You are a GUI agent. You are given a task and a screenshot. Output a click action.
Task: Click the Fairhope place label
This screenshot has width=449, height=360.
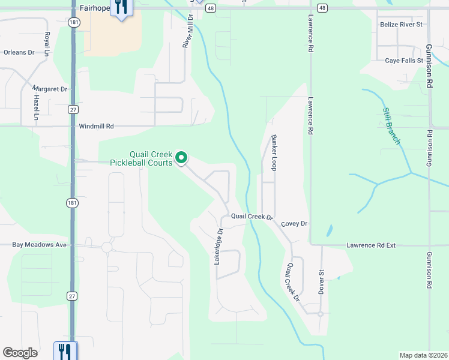(94, 9)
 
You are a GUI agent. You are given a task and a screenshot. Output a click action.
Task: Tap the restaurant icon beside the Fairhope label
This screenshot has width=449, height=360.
(122, 8)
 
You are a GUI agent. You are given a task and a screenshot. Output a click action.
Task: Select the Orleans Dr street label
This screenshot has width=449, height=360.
(19, 52)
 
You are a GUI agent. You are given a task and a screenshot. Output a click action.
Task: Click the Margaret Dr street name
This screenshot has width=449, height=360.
(50, 89)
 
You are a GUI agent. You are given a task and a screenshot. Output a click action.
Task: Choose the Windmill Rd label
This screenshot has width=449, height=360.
(96, 127)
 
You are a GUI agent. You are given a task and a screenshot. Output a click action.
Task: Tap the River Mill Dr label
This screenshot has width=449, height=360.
(187, 33)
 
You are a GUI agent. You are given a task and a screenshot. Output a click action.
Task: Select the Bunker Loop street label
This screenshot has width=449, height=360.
(274, 152)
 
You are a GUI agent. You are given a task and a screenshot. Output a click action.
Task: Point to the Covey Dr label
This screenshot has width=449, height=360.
(294, 224)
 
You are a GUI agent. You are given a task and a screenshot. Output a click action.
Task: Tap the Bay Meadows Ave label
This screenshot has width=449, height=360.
(40, 245)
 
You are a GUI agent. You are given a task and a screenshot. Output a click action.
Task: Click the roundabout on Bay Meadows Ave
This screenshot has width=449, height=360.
(107, 247)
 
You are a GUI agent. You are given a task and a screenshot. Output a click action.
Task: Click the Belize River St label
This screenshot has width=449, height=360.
(402, 25)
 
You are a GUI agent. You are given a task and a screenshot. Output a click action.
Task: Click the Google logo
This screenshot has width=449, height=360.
(20, 353)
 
